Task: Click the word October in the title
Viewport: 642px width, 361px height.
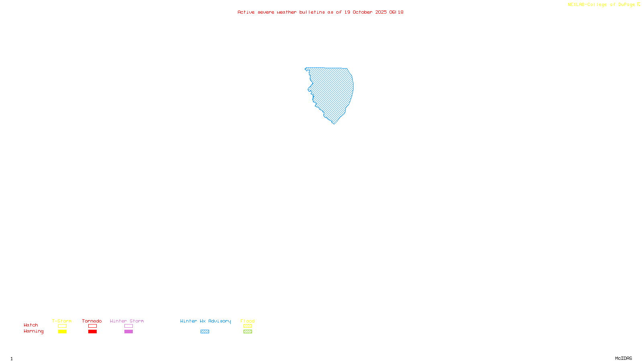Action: coord(362,12)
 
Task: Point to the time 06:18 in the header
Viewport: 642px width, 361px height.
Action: coord(396,12)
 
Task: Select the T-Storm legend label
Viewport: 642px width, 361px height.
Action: coord(62,321)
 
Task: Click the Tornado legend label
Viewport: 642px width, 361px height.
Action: coord(92,321)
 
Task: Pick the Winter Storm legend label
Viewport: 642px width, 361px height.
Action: coord(127,321)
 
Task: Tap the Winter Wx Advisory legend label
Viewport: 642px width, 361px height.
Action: coord(205,321)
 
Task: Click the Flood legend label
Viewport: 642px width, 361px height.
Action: coord(248,321)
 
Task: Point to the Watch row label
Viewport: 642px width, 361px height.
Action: coord(31,325)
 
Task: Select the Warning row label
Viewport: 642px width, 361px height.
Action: coord(33,331)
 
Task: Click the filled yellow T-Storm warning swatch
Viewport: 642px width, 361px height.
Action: coord(62,332)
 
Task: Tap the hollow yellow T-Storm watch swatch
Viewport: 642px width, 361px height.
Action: coord(62,326)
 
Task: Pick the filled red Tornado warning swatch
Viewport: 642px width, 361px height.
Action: coord(92,332)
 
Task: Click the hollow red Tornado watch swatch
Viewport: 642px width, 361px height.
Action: coord(92,326)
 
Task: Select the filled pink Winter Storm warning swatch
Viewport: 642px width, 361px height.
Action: coord(128,332)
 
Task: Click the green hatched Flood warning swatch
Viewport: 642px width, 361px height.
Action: coord(248,332)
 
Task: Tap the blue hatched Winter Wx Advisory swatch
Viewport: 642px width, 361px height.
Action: coord(205,332)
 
